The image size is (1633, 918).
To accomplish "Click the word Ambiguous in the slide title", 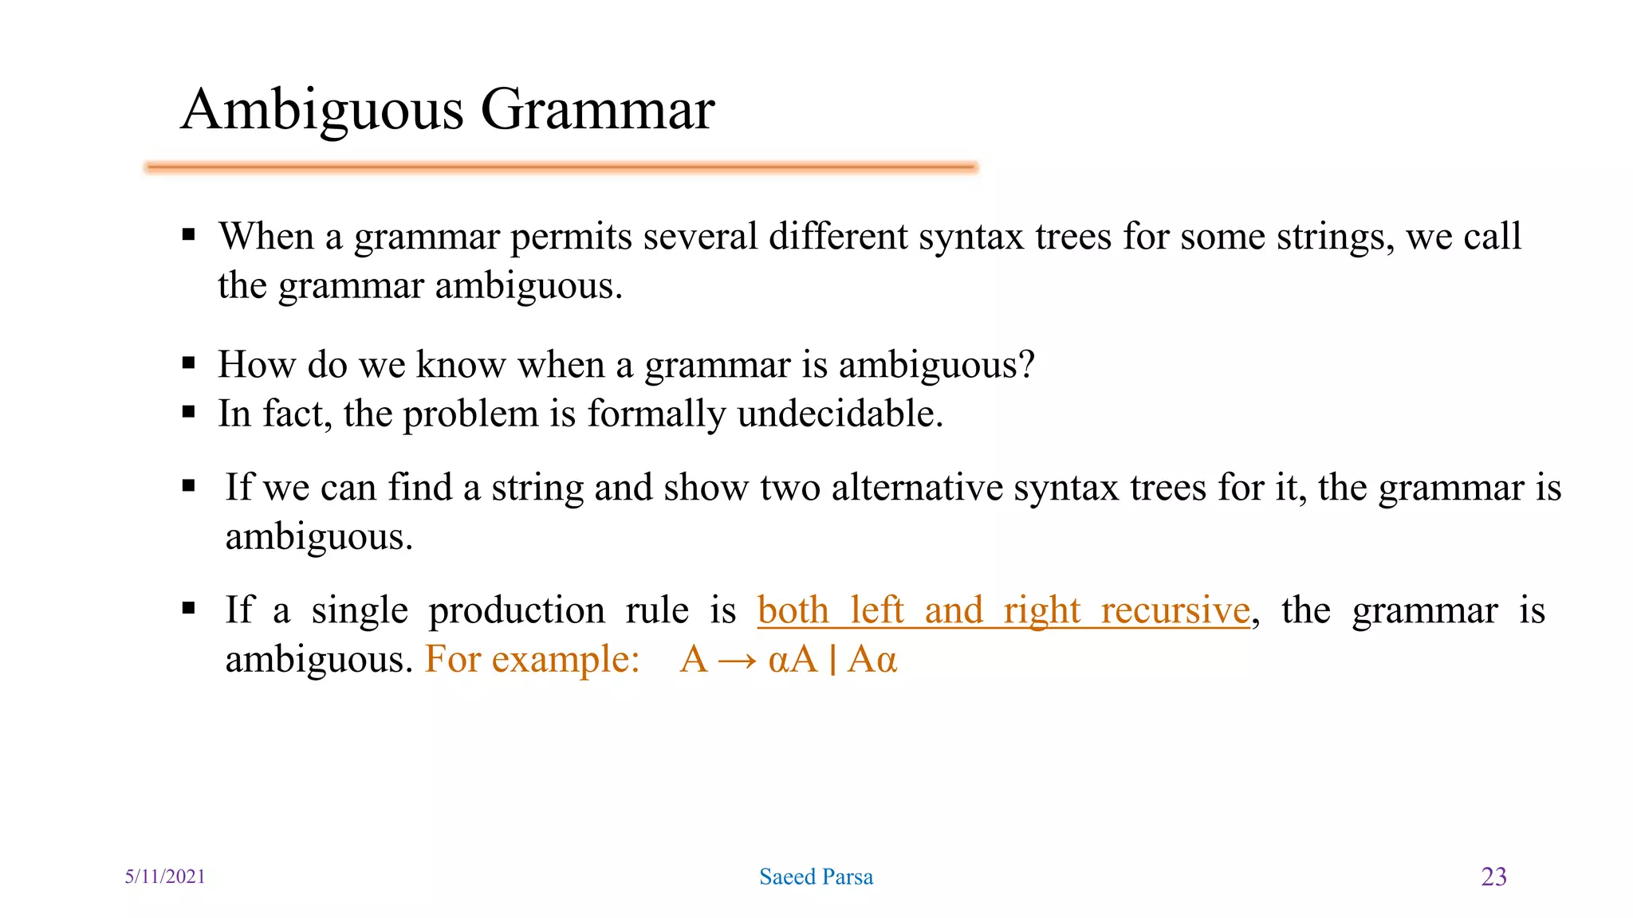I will pos(322,110).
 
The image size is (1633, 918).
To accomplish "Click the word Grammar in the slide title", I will pos(598,110).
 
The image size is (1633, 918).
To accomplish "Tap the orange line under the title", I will pos(561,167).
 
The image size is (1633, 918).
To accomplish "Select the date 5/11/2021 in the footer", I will pos(165,877).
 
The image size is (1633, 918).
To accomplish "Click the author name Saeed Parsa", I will pos(816,877).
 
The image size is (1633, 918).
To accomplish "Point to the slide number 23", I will pos(1493,877).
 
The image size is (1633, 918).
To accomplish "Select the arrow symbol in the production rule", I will pos(737,661).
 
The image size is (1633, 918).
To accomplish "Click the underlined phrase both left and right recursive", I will pos(1003,610).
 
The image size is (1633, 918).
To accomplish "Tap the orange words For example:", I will pos(532,660).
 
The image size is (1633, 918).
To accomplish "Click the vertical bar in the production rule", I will pos(832,660).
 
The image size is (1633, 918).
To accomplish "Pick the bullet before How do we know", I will pos(189,364).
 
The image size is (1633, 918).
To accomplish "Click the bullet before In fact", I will pos(189,413).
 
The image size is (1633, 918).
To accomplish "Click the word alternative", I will pos(917,487).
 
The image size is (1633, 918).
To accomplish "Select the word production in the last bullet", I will pos(517,610).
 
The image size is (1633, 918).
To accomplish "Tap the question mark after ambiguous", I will pos(1026,364).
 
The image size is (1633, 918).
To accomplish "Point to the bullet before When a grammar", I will pos(189,235).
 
